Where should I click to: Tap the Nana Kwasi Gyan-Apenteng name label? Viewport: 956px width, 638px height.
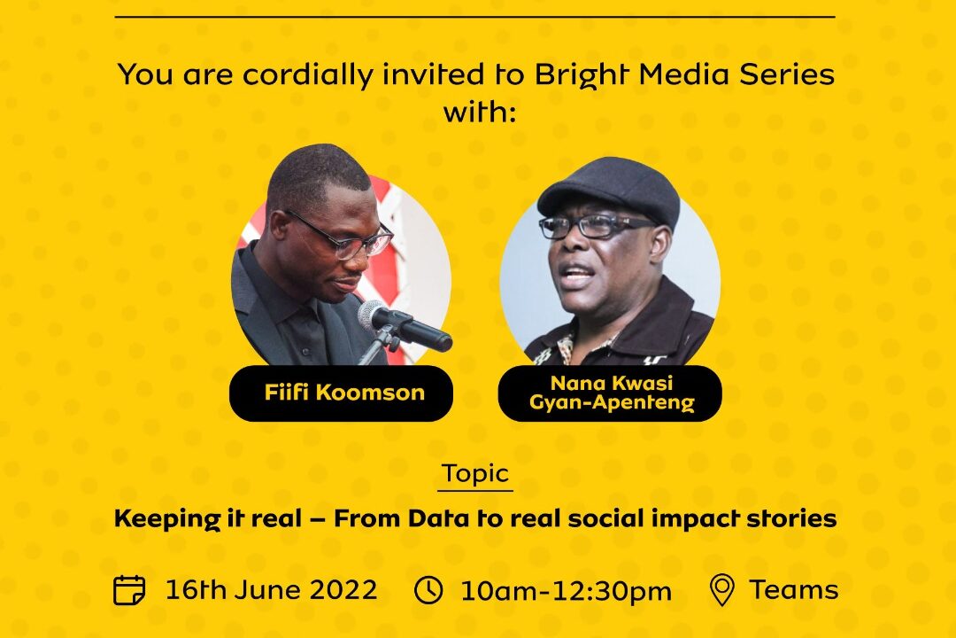(x=610, y=393)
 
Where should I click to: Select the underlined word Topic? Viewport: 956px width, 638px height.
(x=475, y=473)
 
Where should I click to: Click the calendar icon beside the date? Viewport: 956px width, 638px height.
(x=130, y=589)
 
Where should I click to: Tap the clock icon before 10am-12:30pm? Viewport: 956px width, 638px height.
(x=429, y=589)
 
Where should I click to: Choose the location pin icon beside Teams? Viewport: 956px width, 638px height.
(x=722, y=590)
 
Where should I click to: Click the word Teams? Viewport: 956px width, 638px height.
(x=794, y=589)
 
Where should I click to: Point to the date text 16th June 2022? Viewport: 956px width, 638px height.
(x=271, y=589)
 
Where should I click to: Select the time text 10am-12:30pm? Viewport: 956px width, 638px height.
(x=566, y=591)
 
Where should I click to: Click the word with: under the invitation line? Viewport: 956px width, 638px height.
(x=478, y=113)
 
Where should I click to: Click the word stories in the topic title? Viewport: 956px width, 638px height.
(x=794, y=519)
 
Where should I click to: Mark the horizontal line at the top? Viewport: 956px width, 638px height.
(x=475, y=17)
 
